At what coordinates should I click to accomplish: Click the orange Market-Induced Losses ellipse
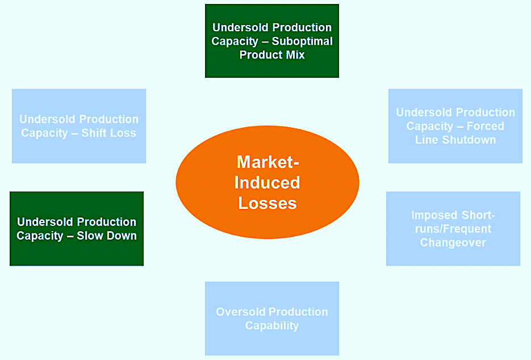(x=267, y=182)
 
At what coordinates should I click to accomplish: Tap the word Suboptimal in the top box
(x=302, y=41)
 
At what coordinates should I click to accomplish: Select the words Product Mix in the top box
(x=272, y=55)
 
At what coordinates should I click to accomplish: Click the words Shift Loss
(x=108, y=133)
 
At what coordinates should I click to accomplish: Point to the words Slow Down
(x=107, y=236)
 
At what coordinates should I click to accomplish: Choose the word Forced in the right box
(x=485, y=126)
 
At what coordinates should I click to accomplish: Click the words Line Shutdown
(x=455, y=140)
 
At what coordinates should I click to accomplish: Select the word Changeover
(x=453, y=242)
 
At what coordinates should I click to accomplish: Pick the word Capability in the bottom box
(x=272, y=325)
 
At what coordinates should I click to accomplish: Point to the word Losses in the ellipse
(x=267, y=203)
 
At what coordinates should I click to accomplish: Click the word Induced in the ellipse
(x=267, y=182)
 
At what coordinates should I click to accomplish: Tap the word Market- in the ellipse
(x=267, y=162)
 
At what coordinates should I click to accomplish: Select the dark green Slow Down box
(x=77, y=229)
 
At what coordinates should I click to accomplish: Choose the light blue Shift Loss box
(x=79, y=126)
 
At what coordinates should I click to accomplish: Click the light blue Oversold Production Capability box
(x=272, y=319)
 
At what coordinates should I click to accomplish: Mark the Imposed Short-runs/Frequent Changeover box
(x=453, y=229)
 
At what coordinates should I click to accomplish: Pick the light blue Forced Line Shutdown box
(x=455, y=126)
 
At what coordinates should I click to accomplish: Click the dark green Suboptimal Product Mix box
(x=272, y=41)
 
